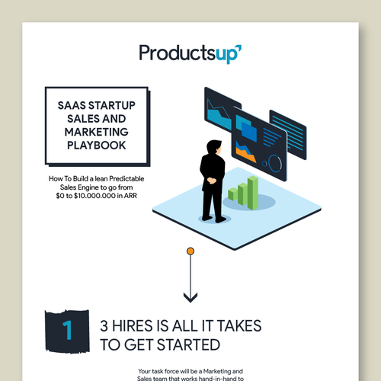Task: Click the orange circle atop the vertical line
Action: pyautogui.click(x=190, y=251)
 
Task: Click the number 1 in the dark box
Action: pyautogui.click(x=68, y=331)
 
